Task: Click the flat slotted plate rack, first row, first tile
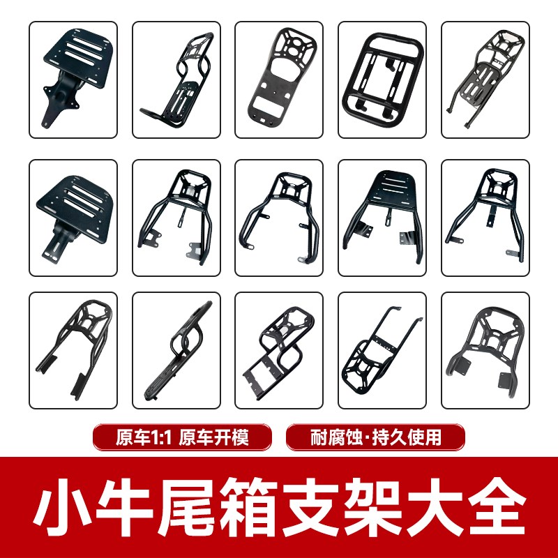tap(73, 80)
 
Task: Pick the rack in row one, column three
tap(279, 80)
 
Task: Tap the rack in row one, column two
tap(176, 80)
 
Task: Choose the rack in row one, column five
tap(485, 80)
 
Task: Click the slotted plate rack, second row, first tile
tap(73, 217)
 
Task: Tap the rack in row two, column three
tap(279, 217)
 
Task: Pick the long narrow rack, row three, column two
tap(176, 349)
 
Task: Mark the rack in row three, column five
tap(485, 349)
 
